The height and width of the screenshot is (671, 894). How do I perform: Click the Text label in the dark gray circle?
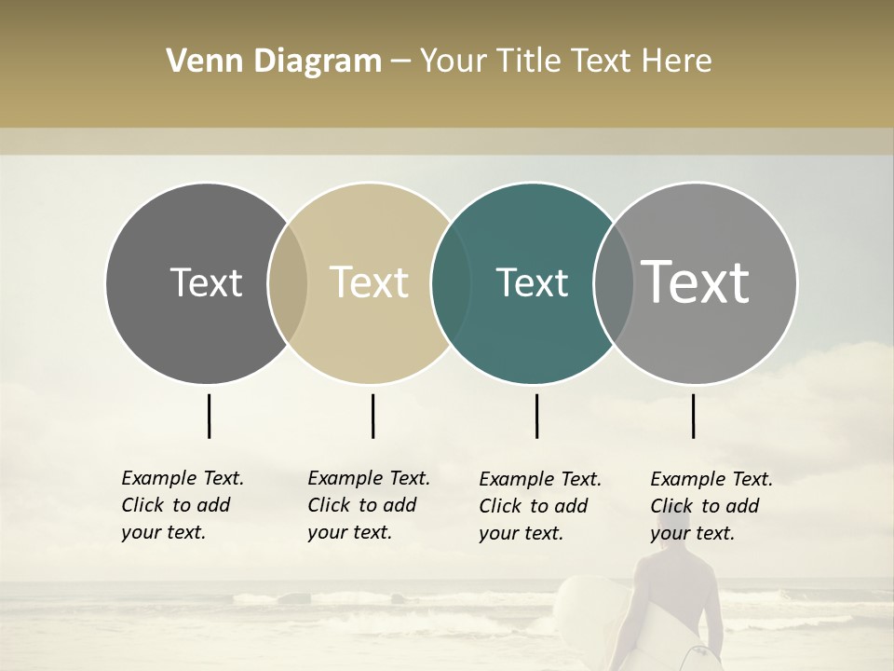[206, 282]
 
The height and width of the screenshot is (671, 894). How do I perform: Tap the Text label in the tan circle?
[370, 282]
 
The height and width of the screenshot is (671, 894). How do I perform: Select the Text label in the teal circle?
[532, 282]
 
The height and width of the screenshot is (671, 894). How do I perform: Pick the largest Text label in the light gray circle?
[696, 281]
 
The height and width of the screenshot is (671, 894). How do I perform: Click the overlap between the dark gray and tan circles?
[288, 283]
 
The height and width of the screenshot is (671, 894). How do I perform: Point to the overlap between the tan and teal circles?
[451, 283]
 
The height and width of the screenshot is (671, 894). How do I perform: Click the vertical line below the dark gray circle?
[209, 416]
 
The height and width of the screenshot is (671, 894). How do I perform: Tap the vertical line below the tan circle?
[372, 416]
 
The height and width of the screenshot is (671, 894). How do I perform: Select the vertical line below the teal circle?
[536, 416]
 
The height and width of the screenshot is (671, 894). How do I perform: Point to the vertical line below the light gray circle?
[693, 416]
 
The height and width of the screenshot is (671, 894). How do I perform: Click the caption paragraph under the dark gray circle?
[182, 505]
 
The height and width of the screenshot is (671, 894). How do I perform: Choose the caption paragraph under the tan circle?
[368, 505]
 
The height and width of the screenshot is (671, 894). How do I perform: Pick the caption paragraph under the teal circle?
[539, 506]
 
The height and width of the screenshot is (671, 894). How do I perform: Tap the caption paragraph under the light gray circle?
[711, 506]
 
